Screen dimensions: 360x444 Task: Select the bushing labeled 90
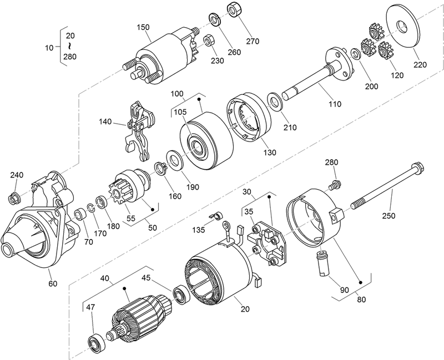click(322, 261)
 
